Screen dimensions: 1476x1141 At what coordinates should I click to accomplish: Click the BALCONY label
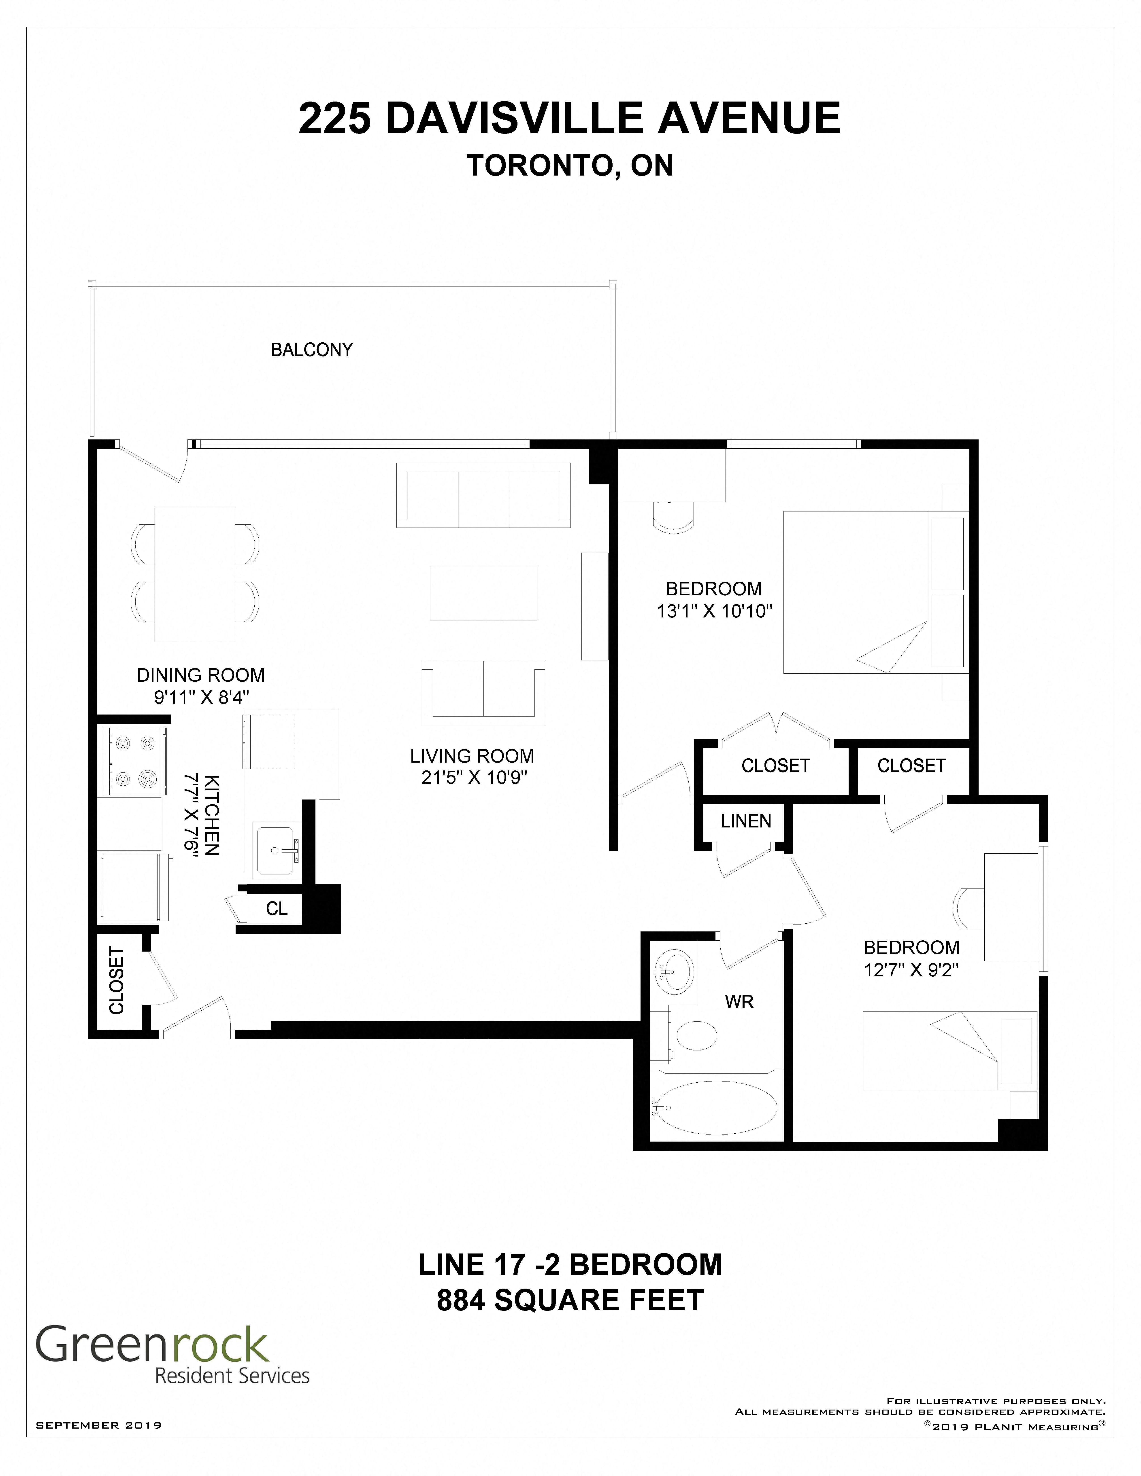[x=312, y=349]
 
